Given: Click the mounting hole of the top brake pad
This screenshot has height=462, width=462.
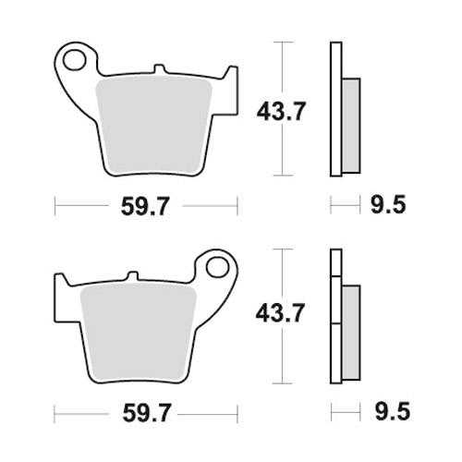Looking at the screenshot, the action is [x=74, y=60].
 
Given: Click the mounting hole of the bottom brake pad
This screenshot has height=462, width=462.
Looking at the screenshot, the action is [x=217, y=267].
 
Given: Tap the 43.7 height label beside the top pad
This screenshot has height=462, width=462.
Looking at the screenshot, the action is [x=281, y=111].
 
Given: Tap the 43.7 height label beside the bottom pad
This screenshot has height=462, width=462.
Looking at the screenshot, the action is [x=280, y=313].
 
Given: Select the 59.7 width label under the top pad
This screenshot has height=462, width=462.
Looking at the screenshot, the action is [x=145, y=206].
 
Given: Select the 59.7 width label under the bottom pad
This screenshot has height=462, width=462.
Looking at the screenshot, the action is [x=146, y=413].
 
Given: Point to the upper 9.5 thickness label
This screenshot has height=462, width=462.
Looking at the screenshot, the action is [x=388, y=204].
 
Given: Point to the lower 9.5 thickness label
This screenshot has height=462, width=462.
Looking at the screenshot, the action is [x=393, y=411].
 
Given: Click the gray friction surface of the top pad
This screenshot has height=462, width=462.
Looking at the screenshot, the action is [x=154, y=125].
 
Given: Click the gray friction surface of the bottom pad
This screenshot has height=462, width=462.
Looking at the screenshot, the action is [x=138, y=332].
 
